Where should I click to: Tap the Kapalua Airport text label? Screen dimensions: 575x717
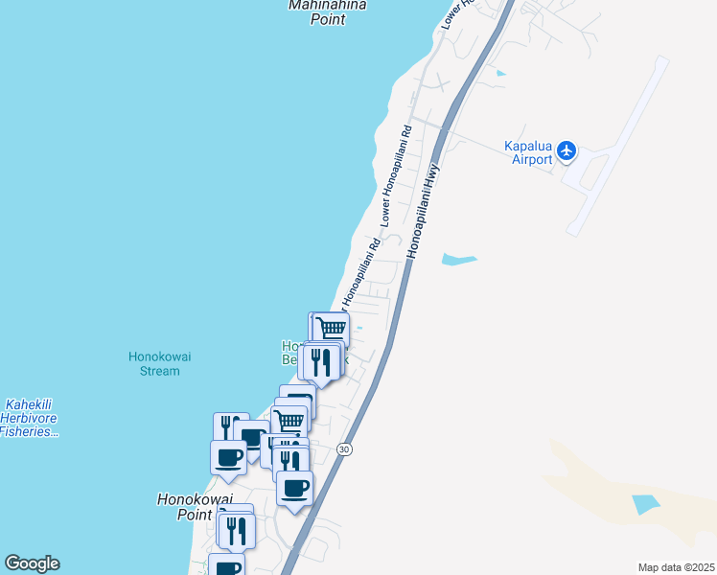point(528,152)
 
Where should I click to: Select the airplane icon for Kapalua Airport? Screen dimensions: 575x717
point(567,150)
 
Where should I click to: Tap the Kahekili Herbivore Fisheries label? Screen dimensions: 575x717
point(31,418)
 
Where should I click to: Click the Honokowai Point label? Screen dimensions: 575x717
point(184,506)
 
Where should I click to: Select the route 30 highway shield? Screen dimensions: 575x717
point(345,449)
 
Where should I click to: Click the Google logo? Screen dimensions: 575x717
point(32,563)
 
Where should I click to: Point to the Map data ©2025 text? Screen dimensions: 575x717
point(676,567)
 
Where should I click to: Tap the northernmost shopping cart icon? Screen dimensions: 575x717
point(331,329)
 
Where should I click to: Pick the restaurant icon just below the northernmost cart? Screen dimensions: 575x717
point(322,361)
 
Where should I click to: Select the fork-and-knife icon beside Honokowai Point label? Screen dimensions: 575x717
point(237,530)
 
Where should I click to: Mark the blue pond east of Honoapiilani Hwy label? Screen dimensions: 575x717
point(458,259)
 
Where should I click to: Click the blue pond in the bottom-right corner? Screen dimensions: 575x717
point(646,502)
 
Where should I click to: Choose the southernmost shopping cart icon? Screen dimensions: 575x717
point(289,420)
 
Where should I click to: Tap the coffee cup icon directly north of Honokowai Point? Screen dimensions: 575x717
point(228,456)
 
